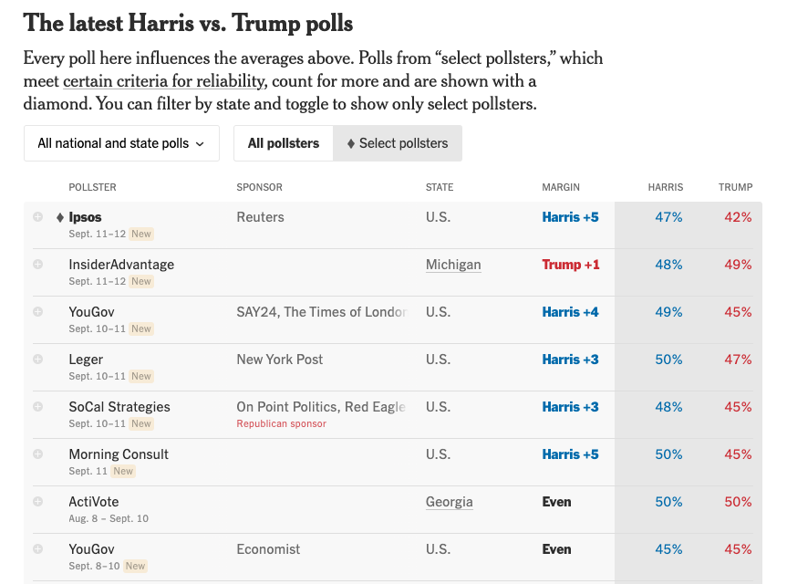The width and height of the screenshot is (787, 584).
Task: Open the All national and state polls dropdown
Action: coord(121,143)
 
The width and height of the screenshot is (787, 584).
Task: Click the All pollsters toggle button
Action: coord(284,143)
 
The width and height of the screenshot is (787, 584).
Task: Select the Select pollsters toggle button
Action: coord(398,143)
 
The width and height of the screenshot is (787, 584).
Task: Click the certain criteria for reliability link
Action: coord(164,80)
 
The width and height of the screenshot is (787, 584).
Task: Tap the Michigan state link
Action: coord(453,265)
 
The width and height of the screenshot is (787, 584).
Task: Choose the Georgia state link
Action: coord(450,502)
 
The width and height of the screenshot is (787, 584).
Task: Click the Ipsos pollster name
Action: coord(85,217)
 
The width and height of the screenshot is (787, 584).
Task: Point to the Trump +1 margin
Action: coord(571,265)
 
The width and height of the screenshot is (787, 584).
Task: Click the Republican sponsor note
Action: coord(281,423)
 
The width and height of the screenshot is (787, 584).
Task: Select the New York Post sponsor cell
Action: coord(280,360)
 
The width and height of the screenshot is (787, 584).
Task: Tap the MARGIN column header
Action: coord(561,187)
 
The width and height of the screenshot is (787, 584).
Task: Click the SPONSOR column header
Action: coord(260,187)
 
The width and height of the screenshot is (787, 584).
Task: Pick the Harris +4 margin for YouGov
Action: coord(570,312)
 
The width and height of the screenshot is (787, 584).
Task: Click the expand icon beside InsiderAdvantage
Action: coord(38,265)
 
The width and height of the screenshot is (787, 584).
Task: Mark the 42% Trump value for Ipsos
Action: coord(738,217)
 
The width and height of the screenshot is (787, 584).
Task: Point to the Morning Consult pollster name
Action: coord(119,454)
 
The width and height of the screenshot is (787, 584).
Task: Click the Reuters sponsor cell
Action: coord(260,217)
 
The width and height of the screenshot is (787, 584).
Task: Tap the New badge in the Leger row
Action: coord(141,376)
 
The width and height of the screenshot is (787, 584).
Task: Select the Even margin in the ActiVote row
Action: coord(556,502)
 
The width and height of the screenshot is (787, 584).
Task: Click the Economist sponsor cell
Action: coord(268,549)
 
